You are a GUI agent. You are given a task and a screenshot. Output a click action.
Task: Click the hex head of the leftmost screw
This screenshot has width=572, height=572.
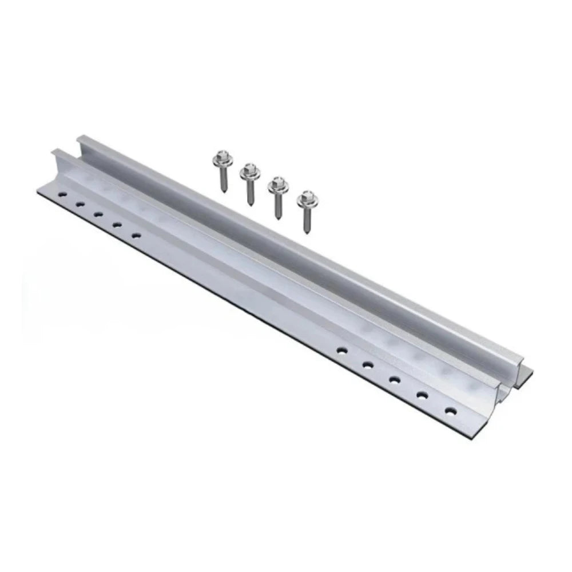[220, 156]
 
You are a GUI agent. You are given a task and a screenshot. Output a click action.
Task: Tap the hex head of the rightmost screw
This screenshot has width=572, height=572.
[308, 197]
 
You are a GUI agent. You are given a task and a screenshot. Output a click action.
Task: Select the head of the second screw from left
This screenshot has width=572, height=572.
[249, 169]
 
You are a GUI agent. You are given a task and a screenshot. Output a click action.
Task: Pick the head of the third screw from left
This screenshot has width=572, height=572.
[278, 183]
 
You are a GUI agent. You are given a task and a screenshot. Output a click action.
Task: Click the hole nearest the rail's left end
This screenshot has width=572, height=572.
[62, 194]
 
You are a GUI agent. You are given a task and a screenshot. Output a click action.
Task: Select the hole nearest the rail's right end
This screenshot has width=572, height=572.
[451, 410]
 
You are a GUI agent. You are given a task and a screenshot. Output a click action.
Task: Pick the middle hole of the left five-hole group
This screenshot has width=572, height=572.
[98, 214]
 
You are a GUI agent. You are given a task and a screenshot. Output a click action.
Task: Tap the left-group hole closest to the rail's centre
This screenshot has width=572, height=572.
[136, 234]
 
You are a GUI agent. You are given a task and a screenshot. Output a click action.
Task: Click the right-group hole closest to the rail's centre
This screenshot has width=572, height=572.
[341, 349]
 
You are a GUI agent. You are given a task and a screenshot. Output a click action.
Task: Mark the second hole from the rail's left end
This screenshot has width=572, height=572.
[80, 204]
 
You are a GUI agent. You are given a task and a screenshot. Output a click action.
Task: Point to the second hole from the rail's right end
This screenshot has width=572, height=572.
[423, 394]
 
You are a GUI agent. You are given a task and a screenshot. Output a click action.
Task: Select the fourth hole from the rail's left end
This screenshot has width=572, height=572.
[117, 224]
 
